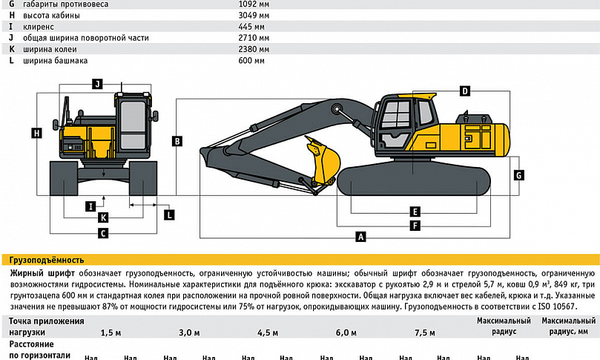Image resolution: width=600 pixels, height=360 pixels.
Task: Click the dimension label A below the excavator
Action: point(361,238)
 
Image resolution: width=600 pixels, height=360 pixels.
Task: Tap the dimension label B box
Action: point(178,140)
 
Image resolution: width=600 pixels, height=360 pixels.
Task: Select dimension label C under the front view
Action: point(103,233)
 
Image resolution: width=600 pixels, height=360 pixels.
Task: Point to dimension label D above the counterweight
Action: point(465,91)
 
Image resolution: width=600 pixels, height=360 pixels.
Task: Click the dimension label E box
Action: point(415,212)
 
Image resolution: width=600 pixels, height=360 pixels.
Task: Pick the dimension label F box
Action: point(415,225)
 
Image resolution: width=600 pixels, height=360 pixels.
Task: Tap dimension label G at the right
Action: point(519,175)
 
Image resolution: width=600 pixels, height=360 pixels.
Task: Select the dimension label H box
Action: point(36,133)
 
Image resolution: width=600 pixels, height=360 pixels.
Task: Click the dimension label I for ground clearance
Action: point(90,206)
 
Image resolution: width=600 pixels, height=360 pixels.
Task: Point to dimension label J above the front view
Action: point(97,84)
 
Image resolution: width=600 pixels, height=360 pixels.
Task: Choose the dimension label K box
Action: point(103,217)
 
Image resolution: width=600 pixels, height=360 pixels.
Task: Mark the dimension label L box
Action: point(169,215)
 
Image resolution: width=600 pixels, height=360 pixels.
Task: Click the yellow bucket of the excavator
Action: point(324,163)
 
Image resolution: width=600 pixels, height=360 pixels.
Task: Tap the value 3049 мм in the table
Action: point(248,15)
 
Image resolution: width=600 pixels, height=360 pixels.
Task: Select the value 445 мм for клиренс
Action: point(245,26)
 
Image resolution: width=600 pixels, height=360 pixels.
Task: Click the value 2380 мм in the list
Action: point(248,49)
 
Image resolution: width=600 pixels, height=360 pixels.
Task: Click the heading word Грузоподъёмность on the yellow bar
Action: point(47,260)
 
